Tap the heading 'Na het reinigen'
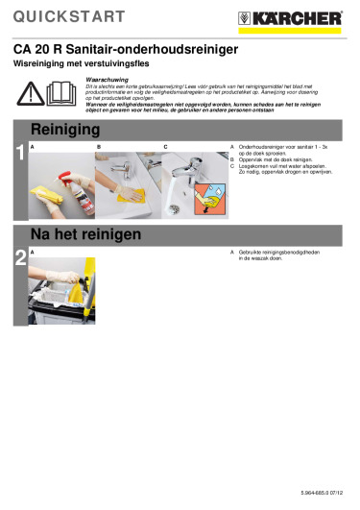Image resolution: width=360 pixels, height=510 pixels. click(86, 233)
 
